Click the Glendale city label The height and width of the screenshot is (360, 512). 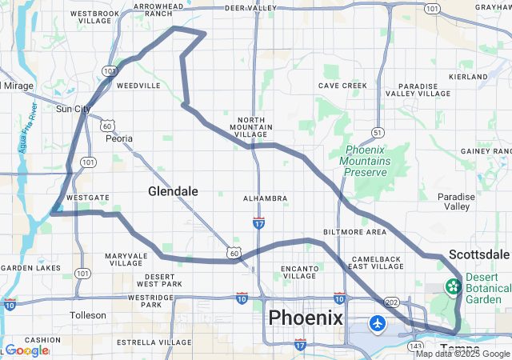(x=173, y=191)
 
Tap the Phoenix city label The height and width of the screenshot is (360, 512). (x=306, y=318)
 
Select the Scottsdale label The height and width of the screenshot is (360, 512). (x=478, y=254)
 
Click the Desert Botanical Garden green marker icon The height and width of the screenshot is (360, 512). (x=454, y=286)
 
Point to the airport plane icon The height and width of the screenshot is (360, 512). (x=378, y=323)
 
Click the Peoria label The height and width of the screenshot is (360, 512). (x=119, y=138)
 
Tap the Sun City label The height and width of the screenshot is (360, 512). (x=74, y=109)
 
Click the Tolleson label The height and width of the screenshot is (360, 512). (x=88, y=314)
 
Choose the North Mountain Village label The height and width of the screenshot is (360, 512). (x=253, y=126)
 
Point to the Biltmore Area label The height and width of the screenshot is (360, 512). (x=354, y=232)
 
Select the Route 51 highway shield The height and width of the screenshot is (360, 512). (x=378, y=132)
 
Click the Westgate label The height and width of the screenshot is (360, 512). (x=82, y=197)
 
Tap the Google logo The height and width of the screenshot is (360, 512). (x=26, y=350)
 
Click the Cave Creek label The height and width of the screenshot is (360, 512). (x=342, y=86)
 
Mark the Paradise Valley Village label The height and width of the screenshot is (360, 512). (x=424, y=90)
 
